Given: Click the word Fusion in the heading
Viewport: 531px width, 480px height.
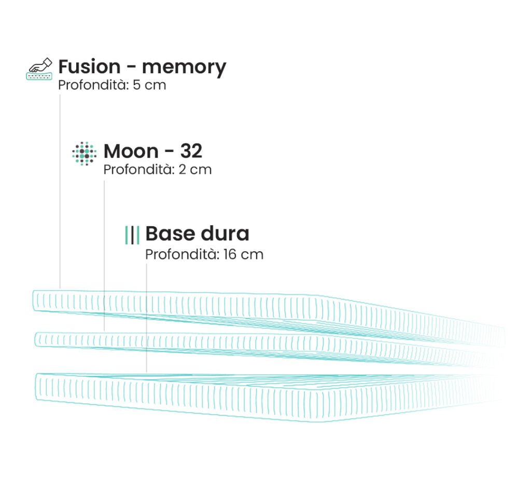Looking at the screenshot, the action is click(89, 66).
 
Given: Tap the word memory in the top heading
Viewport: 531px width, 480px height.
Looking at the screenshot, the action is click(184, 68).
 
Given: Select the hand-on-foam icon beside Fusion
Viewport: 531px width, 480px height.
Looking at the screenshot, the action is click(39, 69).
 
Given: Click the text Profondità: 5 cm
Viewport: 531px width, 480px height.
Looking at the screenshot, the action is click(112, 85).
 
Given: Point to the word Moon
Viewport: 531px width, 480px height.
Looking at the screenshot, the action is click(131, 151).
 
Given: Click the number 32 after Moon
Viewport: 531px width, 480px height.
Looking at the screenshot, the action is click(191, 151).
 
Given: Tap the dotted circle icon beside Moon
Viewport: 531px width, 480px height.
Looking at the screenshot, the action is click(85, 154).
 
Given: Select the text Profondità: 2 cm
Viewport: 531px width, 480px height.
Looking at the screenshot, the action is click(158, 170).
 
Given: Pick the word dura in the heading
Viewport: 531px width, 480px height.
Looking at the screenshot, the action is click(225, 234).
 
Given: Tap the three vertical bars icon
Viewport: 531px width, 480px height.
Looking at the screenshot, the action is click(132, 235).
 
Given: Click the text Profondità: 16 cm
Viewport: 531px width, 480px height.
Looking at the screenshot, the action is click(204, 254).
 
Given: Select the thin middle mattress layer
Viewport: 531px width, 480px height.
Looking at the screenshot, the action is click(268, 349).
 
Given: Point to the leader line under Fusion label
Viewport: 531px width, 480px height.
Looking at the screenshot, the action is click(60, 191).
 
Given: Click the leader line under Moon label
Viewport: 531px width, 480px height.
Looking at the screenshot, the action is click(104, 256).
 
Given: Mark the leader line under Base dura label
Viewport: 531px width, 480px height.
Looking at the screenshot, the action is click(147, 318).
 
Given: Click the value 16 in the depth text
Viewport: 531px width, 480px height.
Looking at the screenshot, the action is click(230, 254).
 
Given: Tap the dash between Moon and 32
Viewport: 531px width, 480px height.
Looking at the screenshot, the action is click(170, 152).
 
